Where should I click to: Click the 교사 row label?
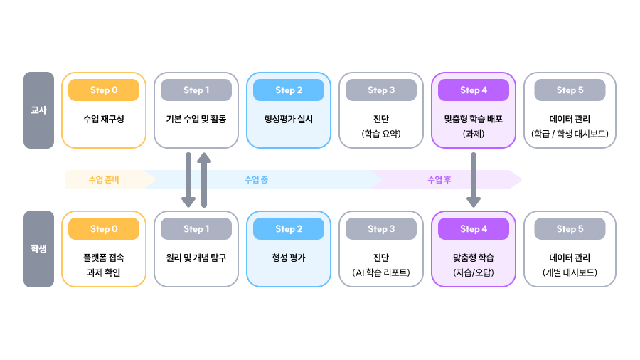[x=38, y=110]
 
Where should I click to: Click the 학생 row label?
[x=38, y=249]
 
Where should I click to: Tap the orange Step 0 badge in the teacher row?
[x=104, y=90]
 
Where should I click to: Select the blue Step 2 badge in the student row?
[x=289, y=229]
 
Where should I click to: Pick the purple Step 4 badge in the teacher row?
[x=474, y=90]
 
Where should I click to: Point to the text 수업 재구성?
[x=104, y=119]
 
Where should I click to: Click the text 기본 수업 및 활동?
[x=196, y=119]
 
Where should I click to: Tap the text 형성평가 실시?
[x=289, y=119]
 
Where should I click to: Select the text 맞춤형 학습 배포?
[x=474, y=119]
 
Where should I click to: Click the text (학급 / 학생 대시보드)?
[x=570, y=133]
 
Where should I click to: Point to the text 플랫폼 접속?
[x=104, y=258]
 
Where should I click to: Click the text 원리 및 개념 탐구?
[x=196, y=258]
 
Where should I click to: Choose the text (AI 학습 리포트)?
[x=381, y=272]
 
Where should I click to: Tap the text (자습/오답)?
[x=474, y=272]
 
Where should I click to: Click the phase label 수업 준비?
[x=104, y=180]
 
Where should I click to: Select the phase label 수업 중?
[x=256, y=180]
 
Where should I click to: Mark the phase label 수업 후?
[x=439, y=180]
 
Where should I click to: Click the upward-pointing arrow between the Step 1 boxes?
[x=204, y=179]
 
